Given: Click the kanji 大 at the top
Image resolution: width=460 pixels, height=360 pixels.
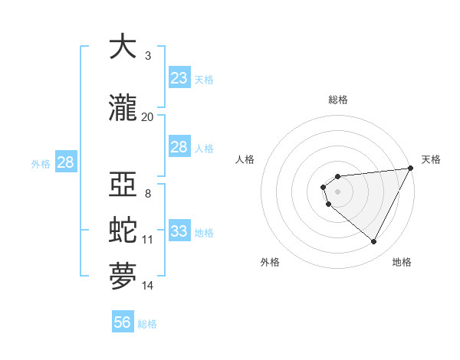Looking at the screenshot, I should tap(123, 47).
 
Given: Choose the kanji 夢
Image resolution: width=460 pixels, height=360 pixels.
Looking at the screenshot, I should tap(123, 276).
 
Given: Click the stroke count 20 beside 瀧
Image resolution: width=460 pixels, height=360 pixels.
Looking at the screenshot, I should tap(147, 116).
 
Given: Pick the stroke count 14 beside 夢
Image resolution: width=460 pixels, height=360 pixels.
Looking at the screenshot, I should tap(147, 286).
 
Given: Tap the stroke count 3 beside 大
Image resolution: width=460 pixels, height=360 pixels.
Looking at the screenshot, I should tap(147, 55).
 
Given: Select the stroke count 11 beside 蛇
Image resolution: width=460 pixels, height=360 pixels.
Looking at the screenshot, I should tap(147, 240).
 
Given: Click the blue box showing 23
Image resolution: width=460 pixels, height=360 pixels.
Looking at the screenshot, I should tap(179, 77).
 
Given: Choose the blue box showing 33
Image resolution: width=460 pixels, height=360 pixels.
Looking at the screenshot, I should tap(179, 231).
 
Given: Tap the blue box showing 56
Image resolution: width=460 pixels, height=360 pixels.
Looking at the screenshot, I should tap(122, 322).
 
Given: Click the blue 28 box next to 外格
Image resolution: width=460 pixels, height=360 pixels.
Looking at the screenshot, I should tap(65, 162).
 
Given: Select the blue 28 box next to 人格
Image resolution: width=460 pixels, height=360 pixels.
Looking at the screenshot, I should tap(179, 147).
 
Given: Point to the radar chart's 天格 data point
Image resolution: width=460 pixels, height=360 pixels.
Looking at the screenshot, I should tap(410, 169).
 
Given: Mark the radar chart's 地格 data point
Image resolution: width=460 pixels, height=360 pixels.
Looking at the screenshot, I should tap(374, 242).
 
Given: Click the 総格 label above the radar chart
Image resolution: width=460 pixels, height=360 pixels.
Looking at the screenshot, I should tap(338, 100).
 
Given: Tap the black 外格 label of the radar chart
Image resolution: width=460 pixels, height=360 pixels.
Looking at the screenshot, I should tap(270, 263).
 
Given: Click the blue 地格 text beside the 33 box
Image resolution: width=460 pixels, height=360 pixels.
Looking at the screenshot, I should tap(204, 233).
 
